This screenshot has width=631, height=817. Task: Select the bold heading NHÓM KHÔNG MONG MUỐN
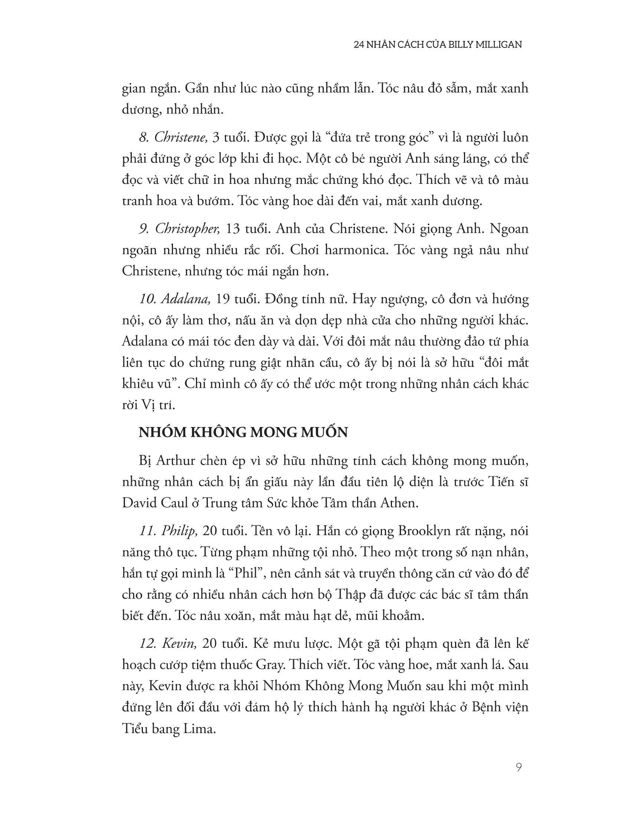[243, 432]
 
